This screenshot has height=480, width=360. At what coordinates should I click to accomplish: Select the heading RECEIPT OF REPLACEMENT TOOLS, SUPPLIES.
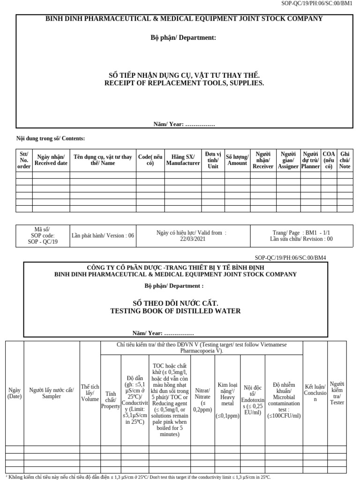pyautogui.click(x=184, y=83)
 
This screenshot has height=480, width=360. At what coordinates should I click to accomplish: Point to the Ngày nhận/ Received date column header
pyautogui.click(x=51, y=160)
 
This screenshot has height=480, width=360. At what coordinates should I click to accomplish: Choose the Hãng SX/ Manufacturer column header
pyautogui.click(x=182, y=160)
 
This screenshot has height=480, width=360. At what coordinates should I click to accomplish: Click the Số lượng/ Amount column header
pyautogui.click(x=237, y=160)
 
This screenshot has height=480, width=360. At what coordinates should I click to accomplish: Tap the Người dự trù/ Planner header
pyautogui.click(x=310, y=160)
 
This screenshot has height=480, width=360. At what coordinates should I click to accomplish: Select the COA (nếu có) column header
pyautogui.click(x=329, y=160)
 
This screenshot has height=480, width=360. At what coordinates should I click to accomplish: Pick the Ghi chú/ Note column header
pyautogui.click(x=345, y=160)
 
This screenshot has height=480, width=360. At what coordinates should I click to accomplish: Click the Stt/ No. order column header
pyautogui.click(x=24, y=160)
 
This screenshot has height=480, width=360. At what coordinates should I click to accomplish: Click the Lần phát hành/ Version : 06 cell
pyautogui.click(x=103, y=235)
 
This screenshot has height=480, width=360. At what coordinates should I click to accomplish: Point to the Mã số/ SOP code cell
pyautogui.click(x=42, y=235)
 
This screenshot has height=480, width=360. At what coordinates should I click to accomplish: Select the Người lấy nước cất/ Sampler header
pyautogui.click(x=52, y=393)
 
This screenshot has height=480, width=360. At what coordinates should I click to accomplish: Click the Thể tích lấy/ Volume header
pyautogui.click(x=90, y=393)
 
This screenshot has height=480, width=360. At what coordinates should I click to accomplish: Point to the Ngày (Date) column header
pyautogui.click(x=15, y=393)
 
